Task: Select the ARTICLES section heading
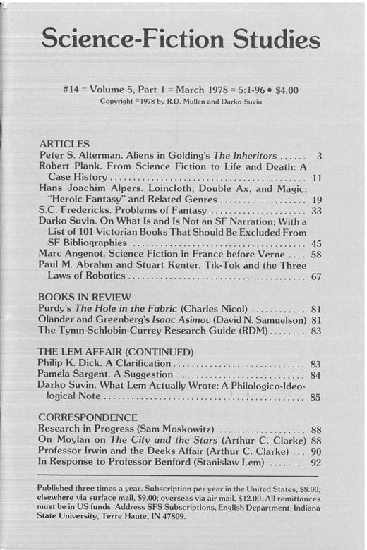pos(64,143)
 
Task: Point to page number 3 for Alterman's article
pos(320,155)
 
